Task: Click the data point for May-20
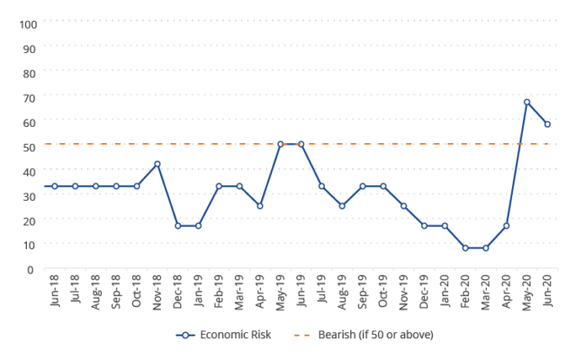coord(526,102)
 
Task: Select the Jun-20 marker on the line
coord(547,124)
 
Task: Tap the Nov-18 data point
coord(157,164)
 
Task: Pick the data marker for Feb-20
coord(465,247)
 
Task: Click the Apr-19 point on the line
coord(260,206)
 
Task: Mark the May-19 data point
coord(281,144)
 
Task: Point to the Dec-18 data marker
coord(178,226)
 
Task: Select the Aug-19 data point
coord(342,206)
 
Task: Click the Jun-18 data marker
coord(55,186)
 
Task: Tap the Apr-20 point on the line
coord(506,226)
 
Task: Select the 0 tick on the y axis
coord(30,269)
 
